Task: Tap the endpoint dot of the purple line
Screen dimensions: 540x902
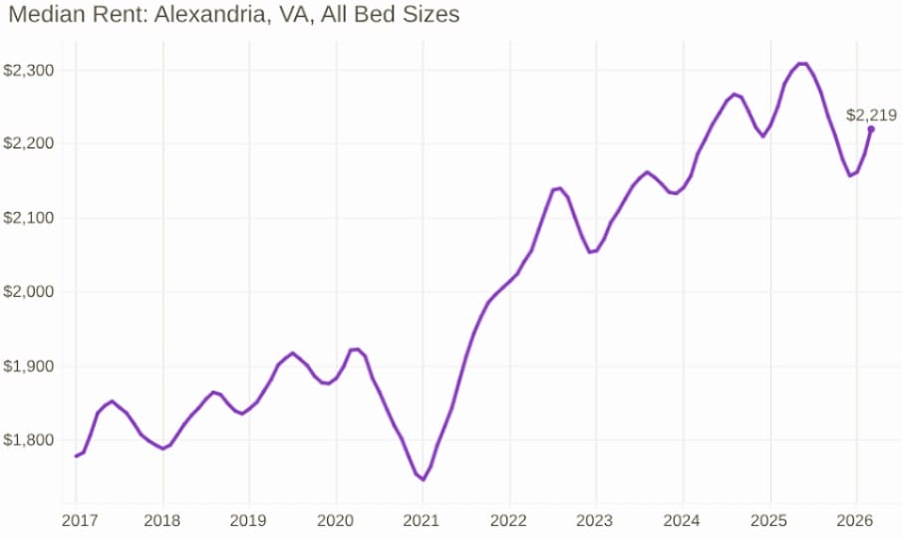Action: pyautogui.click(x=871, y=129)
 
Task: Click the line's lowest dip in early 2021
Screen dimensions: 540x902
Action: pyautogui.click(x=423, y=479)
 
